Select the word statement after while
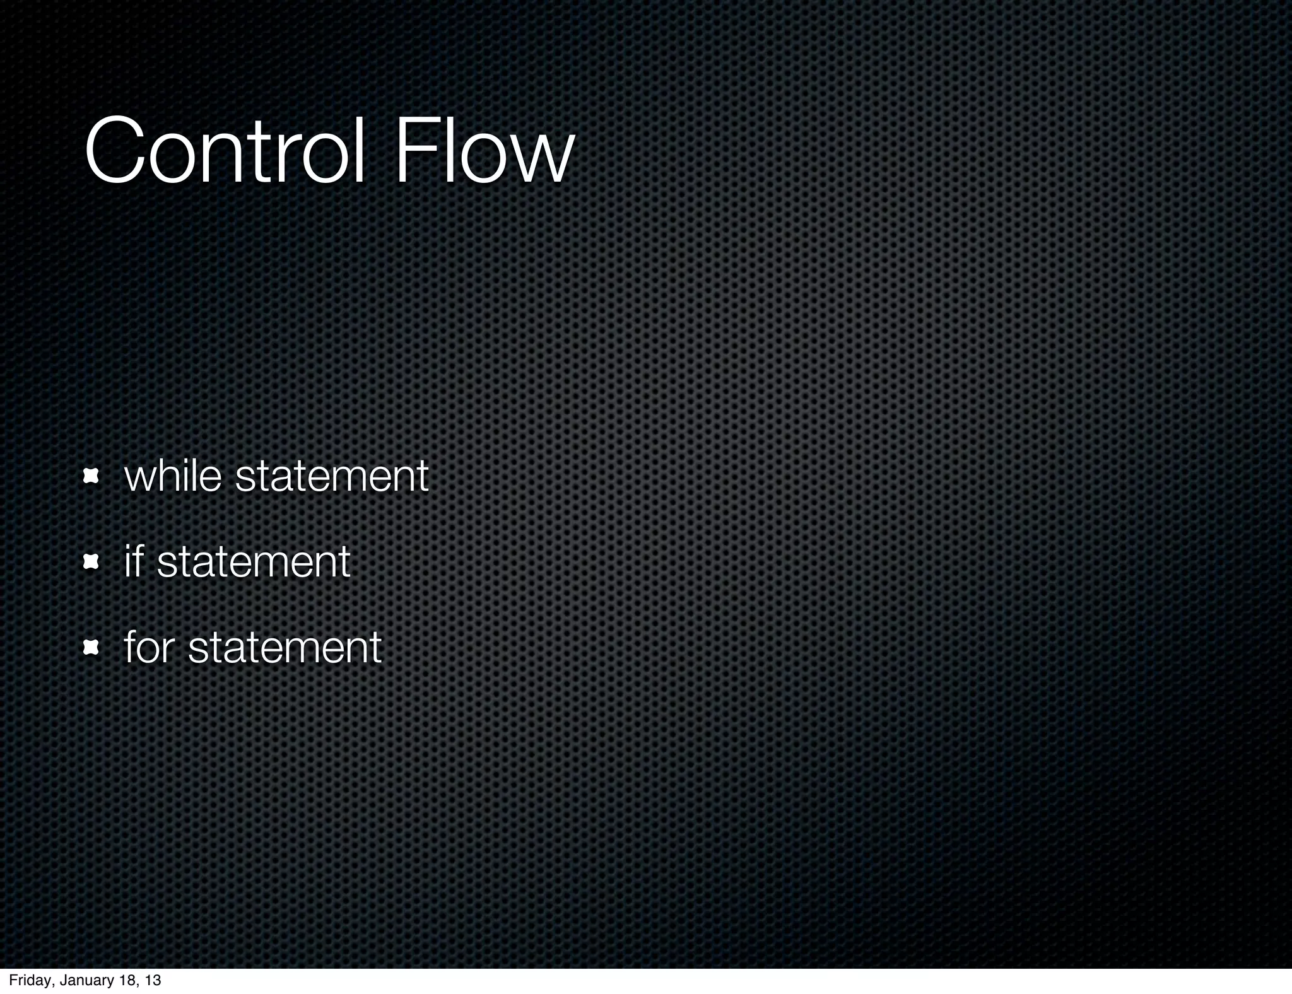tap(332, 477)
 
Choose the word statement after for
tap(285, 648)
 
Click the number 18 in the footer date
tap(126, 980)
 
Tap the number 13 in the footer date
tap(153, 980)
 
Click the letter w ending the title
tap(541, 161)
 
